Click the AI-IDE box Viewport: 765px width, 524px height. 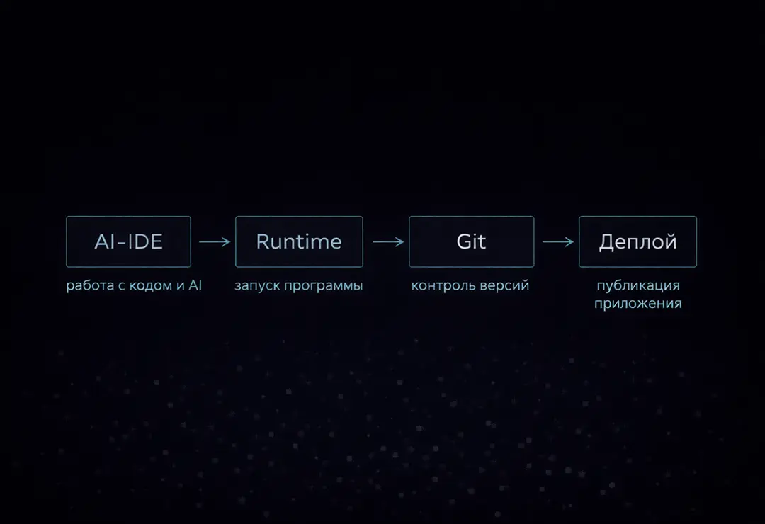(x=128, y=241)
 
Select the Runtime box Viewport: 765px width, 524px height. (x=299, y=241)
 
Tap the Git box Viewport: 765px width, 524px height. (x=471, y=241)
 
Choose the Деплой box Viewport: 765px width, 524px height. (x=637, y=241)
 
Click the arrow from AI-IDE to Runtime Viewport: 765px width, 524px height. (x=215, y=241)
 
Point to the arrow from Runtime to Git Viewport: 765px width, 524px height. (x=388, y=241)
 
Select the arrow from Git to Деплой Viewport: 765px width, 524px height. (x=558, y=241)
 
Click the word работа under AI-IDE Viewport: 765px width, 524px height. (x=90, y=285)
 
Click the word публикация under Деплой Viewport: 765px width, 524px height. (x=638, y=285)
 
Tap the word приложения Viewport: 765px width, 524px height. (x=638, y=304)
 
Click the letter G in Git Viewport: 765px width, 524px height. (x=464, y=241)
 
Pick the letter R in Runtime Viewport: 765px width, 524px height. (x=263, y=241)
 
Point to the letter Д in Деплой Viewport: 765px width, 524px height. (x=607, y=242)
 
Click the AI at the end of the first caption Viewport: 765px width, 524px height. (x=195, y=285)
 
